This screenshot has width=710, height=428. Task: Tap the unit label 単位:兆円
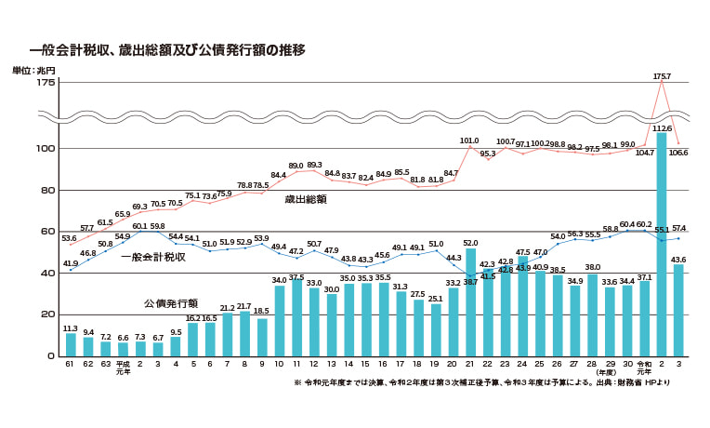click(33, 71)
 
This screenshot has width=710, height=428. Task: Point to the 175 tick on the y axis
click(45, 83)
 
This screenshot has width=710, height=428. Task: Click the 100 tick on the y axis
click(45, 149)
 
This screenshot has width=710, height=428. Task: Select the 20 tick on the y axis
click(47, 314)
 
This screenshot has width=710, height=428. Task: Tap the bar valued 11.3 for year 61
click(71, 344)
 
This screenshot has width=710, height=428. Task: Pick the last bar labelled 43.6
click(679, 310)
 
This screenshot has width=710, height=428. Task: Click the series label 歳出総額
click(305, 199)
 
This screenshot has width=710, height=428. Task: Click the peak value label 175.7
click(662, 76)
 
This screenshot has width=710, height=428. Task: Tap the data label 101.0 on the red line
click(470, 140)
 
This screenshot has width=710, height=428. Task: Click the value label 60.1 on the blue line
click(140, 226)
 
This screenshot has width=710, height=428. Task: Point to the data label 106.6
click(679, 153)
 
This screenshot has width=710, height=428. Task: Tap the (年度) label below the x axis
click(611, 374)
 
